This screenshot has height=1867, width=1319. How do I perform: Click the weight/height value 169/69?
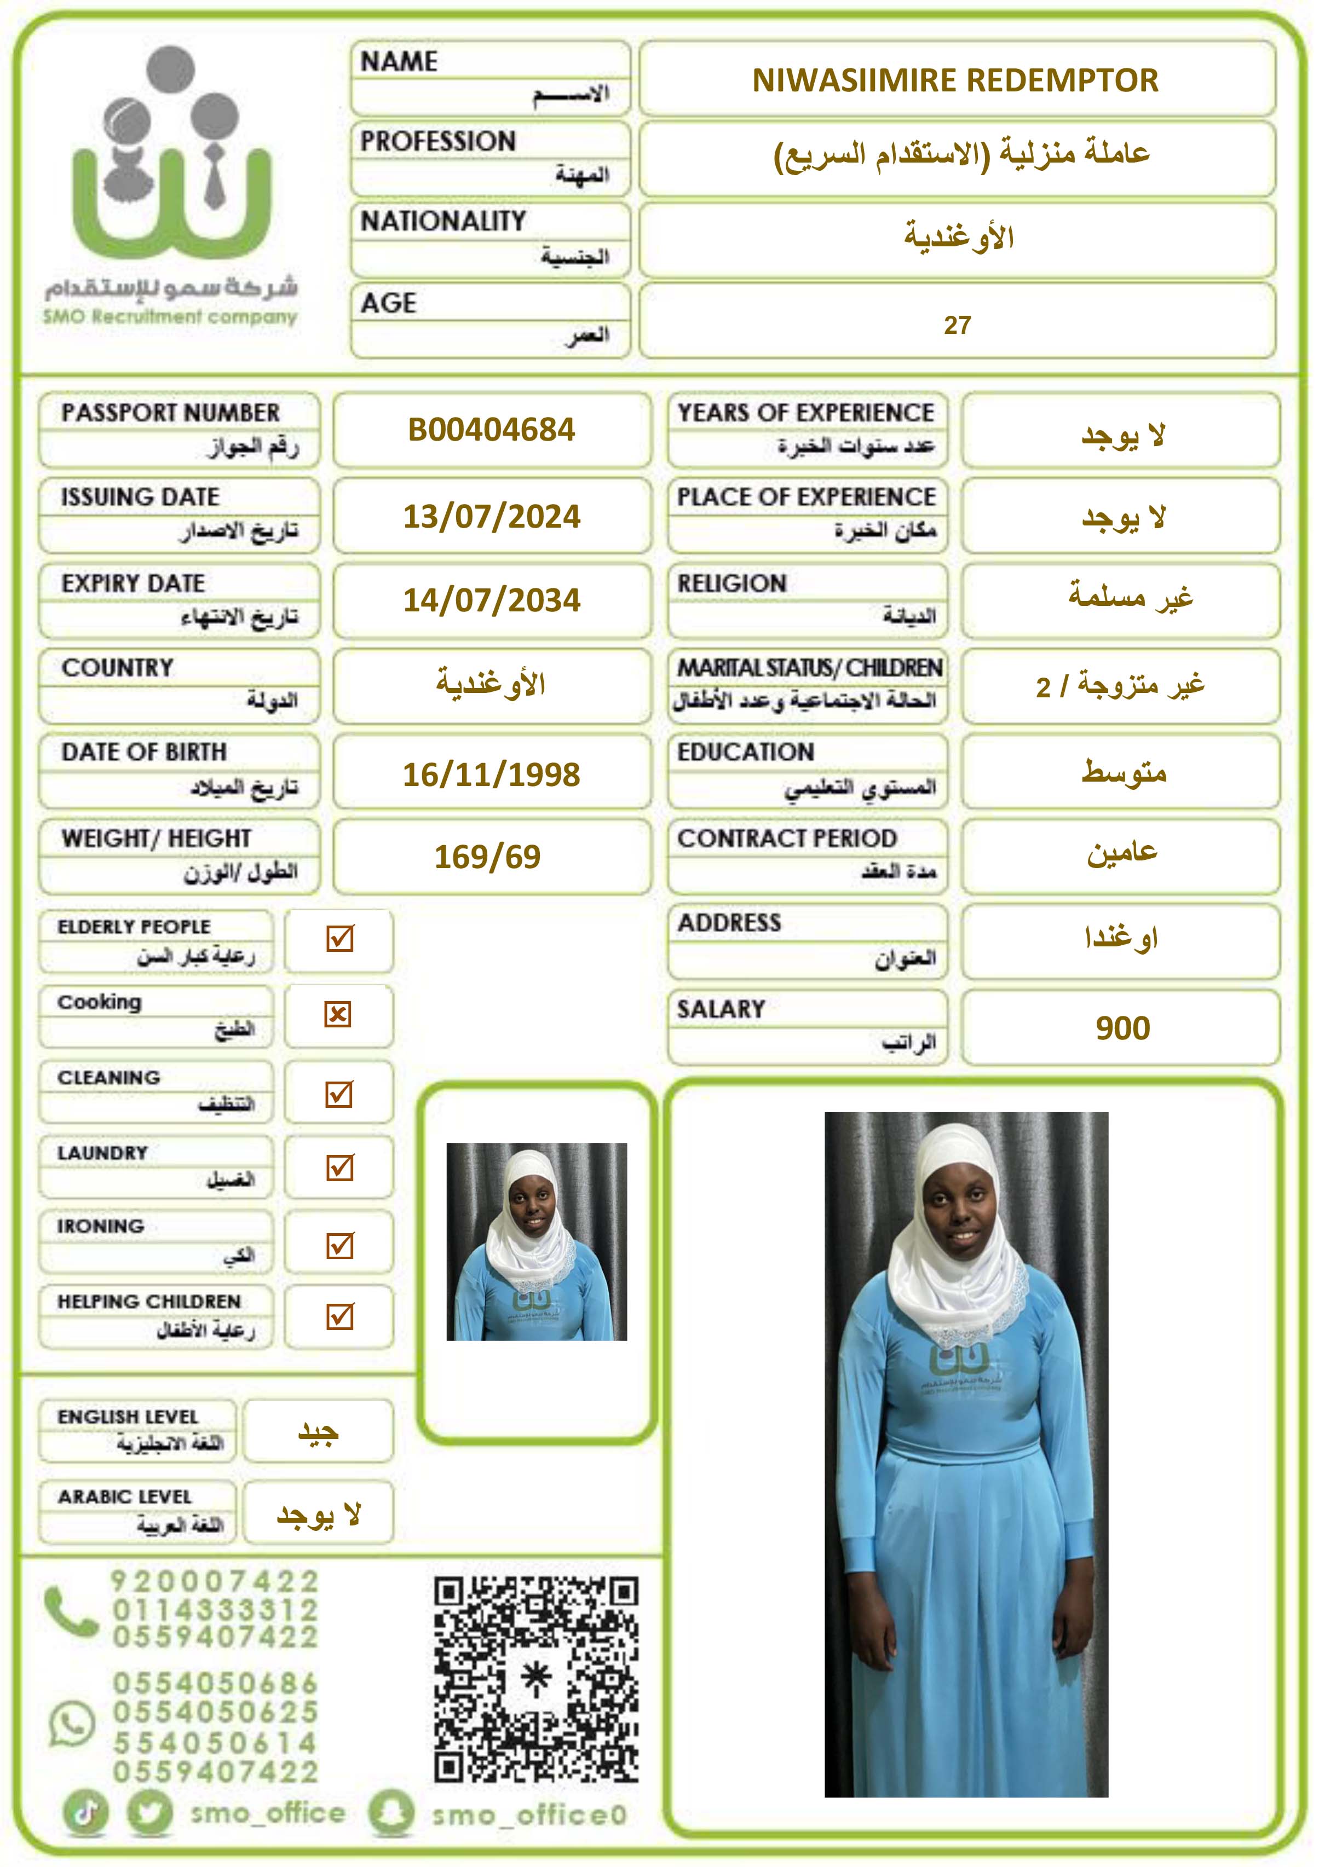pos(487,856)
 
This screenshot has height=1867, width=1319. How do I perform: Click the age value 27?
pos(957,325)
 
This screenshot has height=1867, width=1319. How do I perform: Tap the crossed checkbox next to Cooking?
pos(338,1014)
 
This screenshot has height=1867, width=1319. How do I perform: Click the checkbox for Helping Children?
pos(339,1316)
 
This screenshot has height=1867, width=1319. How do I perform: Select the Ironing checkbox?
pos(339,1245)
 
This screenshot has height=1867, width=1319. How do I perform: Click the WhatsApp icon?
pos(72,1724)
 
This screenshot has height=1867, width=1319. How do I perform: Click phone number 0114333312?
pos(216,1609)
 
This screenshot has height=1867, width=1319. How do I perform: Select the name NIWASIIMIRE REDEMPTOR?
pos(955,80)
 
